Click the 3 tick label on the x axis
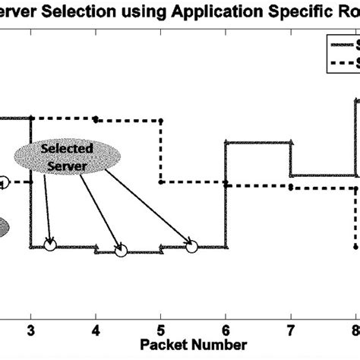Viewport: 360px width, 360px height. point(30,310)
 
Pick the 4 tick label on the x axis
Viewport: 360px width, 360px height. point(96,310)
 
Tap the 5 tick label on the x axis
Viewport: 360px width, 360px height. point(160,310)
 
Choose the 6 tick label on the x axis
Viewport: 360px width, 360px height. point(226,310)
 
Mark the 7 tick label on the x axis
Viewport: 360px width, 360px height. point(290,310)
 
